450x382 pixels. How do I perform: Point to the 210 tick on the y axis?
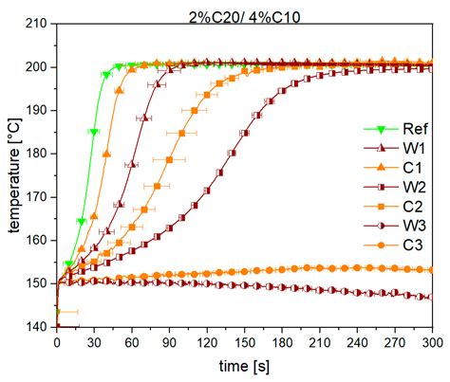coord(38,24)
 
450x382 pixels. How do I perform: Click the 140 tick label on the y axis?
coord(38,327)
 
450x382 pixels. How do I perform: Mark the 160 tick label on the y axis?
coord(38,241)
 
